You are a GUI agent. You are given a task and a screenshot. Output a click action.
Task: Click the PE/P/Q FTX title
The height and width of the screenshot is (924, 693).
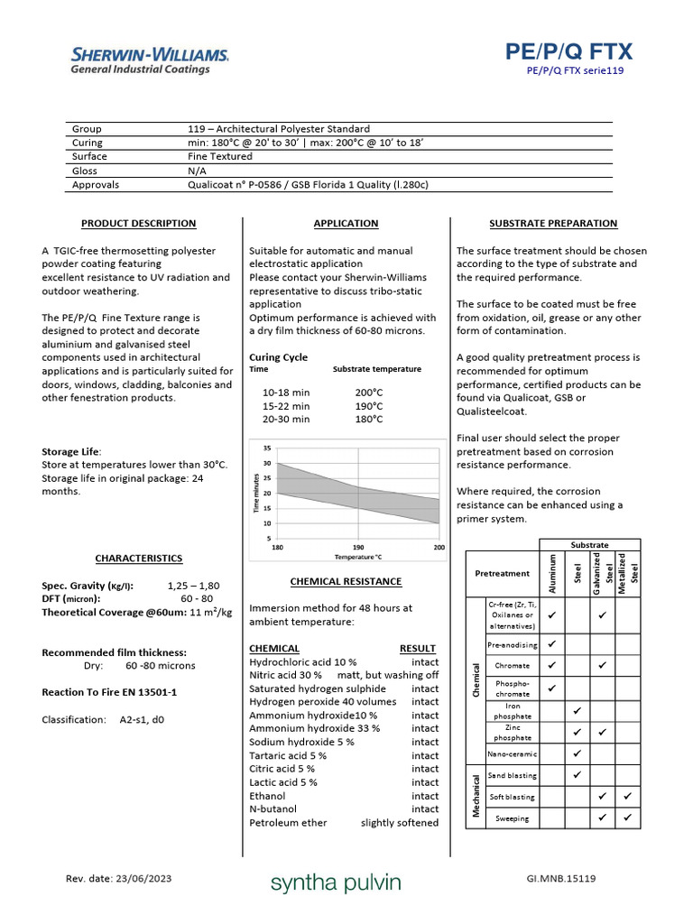tap(569, 51)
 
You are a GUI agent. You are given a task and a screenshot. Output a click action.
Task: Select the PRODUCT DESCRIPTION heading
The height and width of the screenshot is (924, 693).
tap(138, 224)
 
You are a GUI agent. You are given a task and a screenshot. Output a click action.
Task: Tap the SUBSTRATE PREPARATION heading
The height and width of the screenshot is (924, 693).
tap(553, 224)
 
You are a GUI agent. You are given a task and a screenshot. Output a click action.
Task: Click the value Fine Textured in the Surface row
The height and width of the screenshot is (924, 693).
tap(220, 156)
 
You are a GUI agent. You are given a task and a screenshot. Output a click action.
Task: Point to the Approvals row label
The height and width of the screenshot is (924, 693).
tap(96, 185)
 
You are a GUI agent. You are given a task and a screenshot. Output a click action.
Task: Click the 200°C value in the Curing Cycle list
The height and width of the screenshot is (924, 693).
tap(369, 393)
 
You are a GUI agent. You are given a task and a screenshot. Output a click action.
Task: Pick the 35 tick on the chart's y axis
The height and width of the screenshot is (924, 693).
tap(267, 448)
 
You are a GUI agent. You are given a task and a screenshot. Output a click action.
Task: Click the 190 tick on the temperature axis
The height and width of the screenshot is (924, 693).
tap(358, 548)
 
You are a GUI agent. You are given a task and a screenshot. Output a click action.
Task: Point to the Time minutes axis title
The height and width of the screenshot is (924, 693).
tap(255, 494)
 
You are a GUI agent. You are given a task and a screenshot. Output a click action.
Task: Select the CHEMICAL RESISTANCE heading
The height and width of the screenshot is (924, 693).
tap(346, 582)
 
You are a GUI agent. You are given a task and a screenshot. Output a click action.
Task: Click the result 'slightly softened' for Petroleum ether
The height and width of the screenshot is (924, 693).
tap(400, 823)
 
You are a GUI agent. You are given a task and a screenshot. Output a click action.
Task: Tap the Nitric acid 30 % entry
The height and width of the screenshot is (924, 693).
tap(286, 675)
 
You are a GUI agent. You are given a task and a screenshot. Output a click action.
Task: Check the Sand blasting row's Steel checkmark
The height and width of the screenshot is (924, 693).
tap(577, 774)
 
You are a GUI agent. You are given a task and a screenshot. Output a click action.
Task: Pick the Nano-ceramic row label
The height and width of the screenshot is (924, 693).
tap(512, 753)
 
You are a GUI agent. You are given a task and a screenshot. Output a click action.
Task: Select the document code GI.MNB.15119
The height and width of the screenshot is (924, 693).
tap(560, 879)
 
